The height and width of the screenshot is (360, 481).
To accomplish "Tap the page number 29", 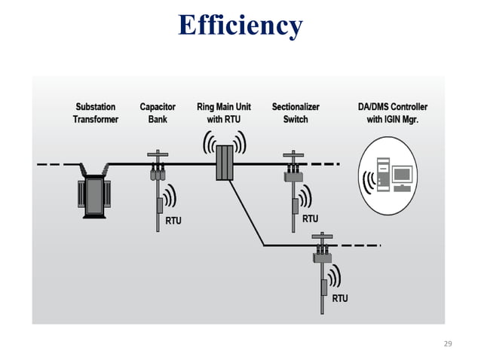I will (x=448, y=343).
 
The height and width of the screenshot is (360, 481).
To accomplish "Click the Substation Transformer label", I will (x=95, y=113).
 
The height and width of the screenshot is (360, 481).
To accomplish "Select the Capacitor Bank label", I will (x=158, y=113).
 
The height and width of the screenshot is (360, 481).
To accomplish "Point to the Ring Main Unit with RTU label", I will (x=223, y=113).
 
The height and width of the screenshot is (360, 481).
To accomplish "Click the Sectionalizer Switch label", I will (x=296, y=113).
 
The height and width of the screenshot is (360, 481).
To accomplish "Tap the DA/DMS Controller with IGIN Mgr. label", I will (x=392, y=113).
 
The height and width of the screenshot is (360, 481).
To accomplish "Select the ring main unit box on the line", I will (x=224, y=163).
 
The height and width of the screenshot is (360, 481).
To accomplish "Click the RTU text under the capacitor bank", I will (x=173, y=221).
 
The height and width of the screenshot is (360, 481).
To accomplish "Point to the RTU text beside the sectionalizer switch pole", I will (x=310, y=219).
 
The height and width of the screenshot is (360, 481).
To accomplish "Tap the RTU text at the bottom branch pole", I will (x=340, y=298).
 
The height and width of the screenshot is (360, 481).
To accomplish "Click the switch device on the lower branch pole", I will (x=323, y=256).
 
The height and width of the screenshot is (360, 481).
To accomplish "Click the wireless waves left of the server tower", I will (x=369, y=182).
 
